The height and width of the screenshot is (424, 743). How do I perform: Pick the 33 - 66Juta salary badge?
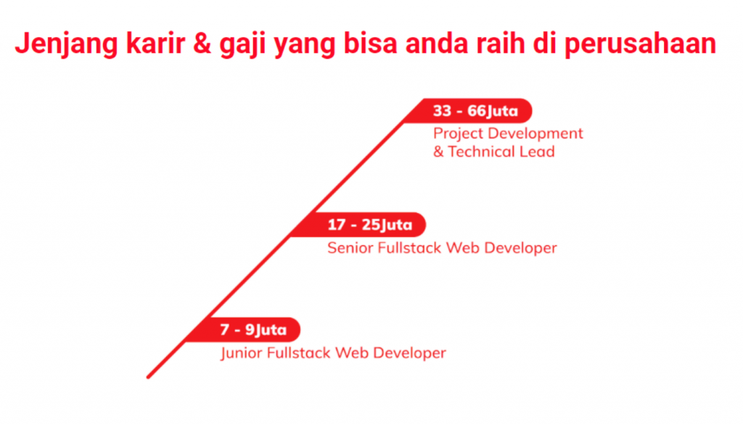[475, 112]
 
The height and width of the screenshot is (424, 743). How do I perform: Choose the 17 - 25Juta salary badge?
[369, 225]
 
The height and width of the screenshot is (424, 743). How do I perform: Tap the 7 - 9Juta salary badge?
[253, 331]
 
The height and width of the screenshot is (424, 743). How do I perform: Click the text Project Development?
[508, 133]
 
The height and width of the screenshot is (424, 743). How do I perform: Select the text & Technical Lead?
[493, 151]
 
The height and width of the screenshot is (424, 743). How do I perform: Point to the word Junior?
[242, 353]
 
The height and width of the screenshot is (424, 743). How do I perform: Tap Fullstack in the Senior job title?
[409, 248]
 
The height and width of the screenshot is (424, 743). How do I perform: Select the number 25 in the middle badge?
[371, 225]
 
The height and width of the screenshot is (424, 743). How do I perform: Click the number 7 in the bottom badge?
[225, 331]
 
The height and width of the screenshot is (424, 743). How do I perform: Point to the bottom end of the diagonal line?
[148, 377]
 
